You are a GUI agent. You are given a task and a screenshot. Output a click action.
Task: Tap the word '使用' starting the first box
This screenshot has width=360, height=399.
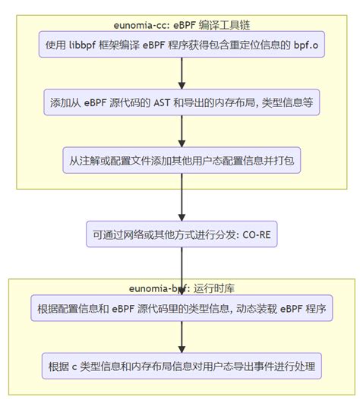pyautogui.click(x=57, y=45)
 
